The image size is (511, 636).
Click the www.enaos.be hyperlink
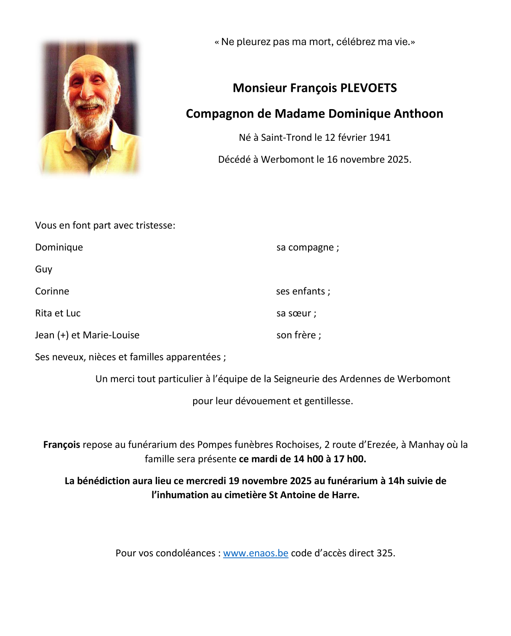pos(255,553)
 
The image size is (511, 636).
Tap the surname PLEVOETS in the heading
pos(368,88)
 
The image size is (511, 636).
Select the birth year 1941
pos(380,137)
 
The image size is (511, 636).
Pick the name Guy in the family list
pos(44,269)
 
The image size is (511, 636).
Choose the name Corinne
pos(52,291)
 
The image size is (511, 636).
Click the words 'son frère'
pos(296,335)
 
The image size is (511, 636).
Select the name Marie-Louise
pos(111,335)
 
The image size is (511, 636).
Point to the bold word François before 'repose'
pos(61,445)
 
